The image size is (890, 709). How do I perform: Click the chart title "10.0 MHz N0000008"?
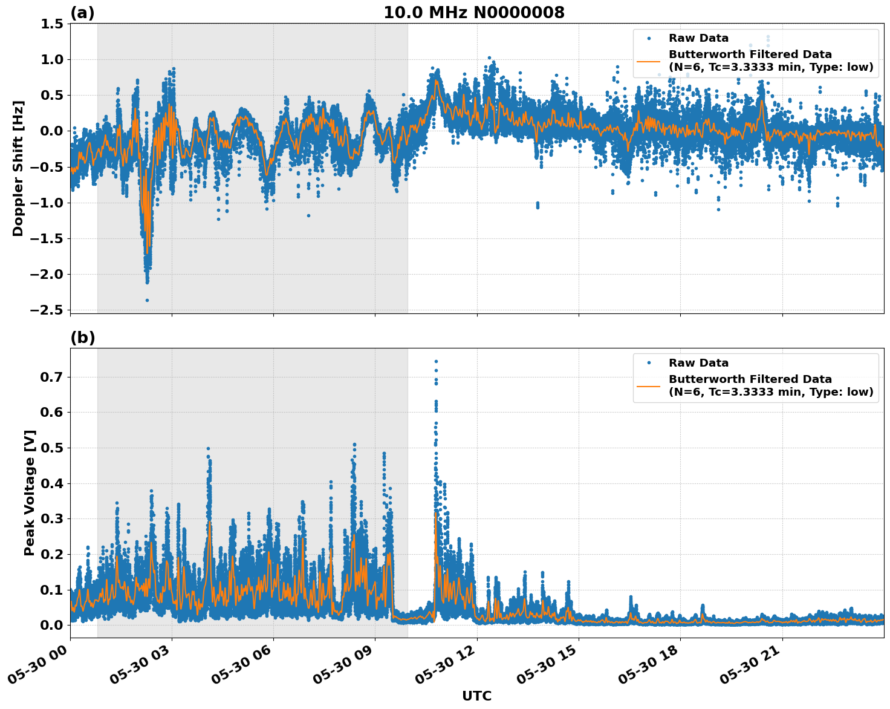(x=473, y=13)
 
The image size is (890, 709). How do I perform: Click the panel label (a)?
(x=82, y=13)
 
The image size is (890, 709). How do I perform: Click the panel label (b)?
(x=82, y=338)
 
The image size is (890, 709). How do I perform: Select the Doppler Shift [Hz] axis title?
(x=18, y=168)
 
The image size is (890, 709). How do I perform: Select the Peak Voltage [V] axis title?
(x=30, y=492)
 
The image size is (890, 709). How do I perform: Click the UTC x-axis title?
(x=476, y=696)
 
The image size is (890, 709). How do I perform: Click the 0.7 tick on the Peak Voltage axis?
(x=52, y=377)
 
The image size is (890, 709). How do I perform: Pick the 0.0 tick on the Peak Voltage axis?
(x=52, y=625)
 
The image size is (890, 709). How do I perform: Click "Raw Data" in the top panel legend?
(x=698, y=38)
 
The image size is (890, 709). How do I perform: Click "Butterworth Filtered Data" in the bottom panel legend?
(x=750, y=379)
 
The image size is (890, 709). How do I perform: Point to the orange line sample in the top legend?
(x=648, y=60)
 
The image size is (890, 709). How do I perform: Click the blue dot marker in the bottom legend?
(x=648, y=363)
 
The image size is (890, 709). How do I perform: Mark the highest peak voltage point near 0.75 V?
(x=436, y=361)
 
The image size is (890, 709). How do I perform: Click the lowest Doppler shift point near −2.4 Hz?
(x=147, y=300)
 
